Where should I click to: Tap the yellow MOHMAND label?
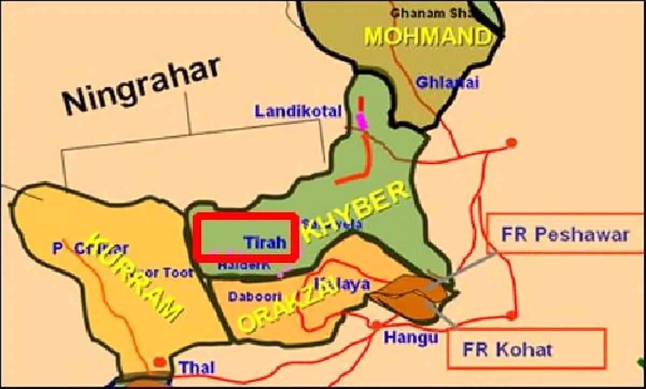[428, 36]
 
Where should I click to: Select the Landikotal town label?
[298, 112]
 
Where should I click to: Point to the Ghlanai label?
[447, 83]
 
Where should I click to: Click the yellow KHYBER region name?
[355, 213]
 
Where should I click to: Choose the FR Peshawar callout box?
[565, 234]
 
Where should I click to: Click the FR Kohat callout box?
[526, 349]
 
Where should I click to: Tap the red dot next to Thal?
[159, 362]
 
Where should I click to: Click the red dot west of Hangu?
[376, 325]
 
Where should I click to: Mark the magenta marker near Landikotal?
[362, 121]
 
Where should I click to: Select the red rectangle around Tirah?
[246, 238]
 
